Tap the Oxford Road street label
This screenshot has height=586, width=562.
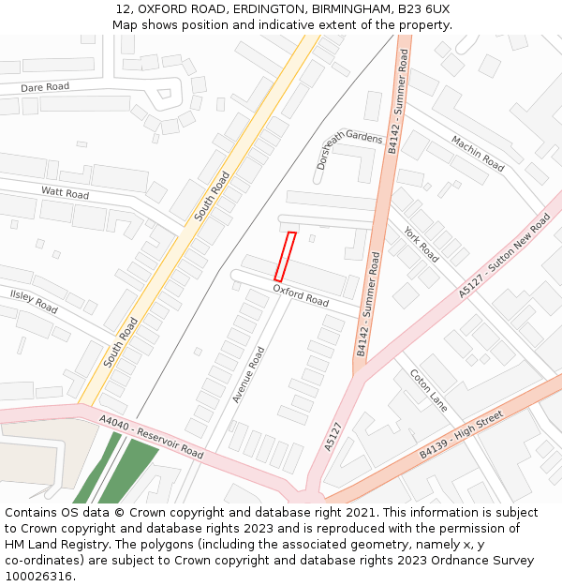pos(301,296)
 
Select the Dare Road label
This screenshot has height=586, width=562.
pos(45,87)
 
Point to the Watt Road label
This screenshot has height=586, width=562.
pos(65,193)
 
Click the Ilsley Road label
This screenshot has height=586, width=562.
pos(34,301)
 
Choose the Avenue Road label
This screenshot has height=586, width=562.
pos(248,375)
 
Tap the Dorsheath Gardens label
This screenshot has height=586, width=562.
pos(349,145)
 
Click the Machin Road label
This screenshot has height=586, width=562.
pos(478,154)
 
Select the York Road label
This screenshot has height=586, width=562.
pos(421,244)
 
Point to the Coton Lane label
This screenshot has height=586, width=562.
pos(428,389)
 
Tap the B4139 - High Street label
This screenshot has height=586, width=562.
pos(462,434)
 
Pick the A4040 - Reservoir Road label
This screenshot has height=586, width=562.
pos(152,439)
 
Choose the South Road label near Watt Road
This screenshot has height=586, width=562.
pos(212,196)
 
